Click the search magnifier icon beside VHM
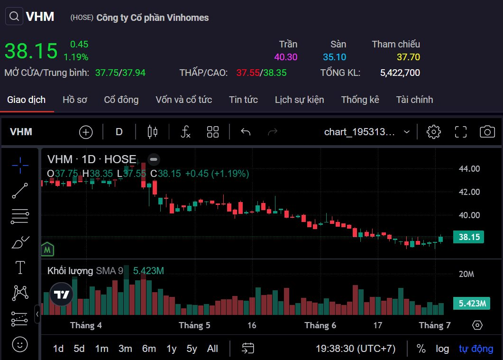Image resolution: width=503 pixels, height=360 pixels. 14,17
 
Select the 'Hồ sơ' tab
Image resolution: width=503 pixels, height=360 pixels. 75,100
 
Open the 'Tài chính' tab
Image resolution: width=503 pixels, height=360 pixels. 414,100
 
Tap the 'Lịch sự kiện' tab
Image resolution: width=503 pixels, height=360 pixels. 299,100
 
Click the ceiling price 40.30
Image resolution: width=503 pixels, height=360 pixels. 285,57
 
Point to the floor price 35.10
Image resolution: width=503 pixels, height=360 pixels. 334,57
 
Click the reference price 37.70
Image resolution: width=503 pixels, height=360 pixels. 408,57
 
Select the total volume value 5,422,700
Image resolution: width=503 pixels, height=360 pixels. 400,73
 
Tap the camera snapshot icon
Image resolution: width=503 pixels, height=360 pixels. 487,132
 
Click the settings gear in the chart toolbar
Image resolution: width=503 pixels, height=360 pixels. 433,132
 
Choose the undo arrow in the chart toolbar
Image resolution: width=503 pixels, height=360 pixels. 245,132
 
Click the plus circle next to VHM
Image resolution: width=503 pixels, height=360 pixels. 86,132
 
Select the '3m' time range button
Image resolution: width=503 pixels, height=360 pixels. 125,349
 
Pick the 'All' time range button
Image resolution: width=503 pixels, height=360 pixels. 212,349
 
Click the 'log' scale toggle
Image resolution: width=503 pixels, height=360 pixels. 442,349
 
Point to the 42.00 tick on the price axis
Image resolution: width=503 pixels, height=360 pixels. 468,192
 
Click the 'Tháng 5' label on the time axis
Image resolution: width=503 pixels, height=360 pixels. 194,325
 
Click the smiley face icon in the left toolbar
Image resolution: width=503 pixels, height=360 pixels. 19,344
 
